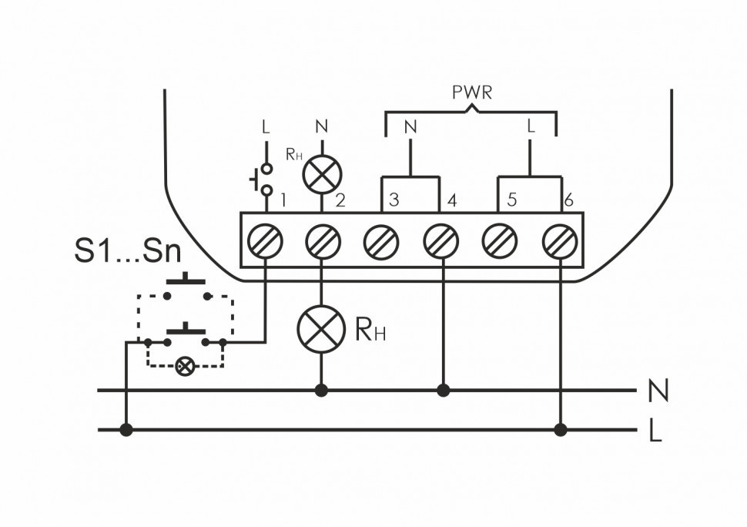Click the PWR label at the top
[471, 93]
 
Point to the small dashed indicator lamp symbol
[185, 365]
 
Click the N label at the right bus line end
[657, 392]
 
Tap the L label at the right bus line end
[655, 432]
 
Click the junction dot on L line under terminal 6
[561, 429]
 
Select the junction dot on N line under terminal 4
[442, 391]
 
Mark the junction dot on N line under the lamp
[321, 391]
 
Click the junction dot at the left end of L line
[126, 429]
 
